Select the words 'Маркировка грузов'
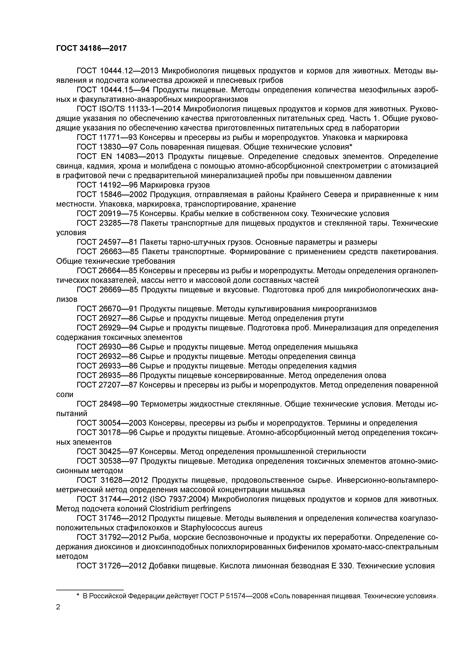(175, 185)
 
